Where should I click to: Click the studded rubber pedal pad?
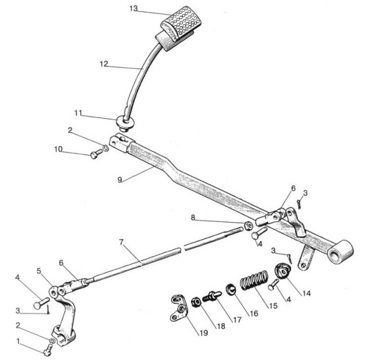pos(181,23)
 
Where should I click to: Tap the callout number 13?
pos(134,8)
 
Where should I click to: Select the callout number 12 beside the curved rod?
pos(104,64)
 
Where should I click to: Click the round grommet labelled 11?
pos(125,122)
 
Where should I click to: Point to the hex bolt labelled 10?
pos(96,154)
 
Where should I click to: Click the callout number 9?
pos(120,180)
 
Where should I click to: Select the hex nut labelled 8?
pos(248,226)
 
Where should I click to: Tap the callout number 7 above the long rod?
pos(121,242)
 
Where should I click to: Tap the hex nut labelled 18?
pos(196,302)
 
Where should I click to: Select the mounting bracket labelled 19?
pos(179,307)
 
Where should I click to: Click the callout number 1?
pos(19,341)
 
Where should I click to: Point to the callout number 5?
pos(39,271)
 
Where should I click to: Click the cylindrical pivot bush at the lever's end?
pos(341,251)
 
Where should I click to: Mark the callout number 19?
pos(204,333)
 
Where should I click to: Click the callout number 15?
pos(273,306)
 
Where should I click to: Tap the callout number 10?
pos(59,149)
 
